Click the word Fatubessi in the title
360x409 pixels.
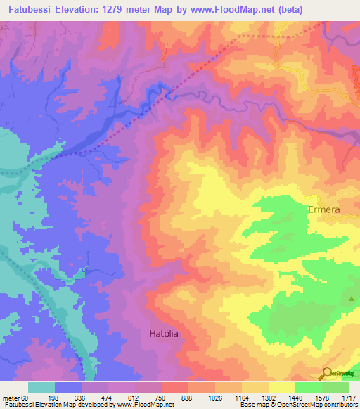(x=28, y=7)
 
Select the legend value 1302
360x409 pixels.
(x=275, y=397)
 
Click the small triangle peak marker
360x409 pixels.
(x=352, y=299)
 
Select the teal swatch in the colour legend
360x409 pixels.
(x=41, y=387)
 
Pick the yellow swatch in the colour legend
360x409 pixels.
(x=282, y=387)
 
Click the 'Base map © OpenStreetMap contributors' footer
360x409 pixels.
(x=297, y=405)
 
